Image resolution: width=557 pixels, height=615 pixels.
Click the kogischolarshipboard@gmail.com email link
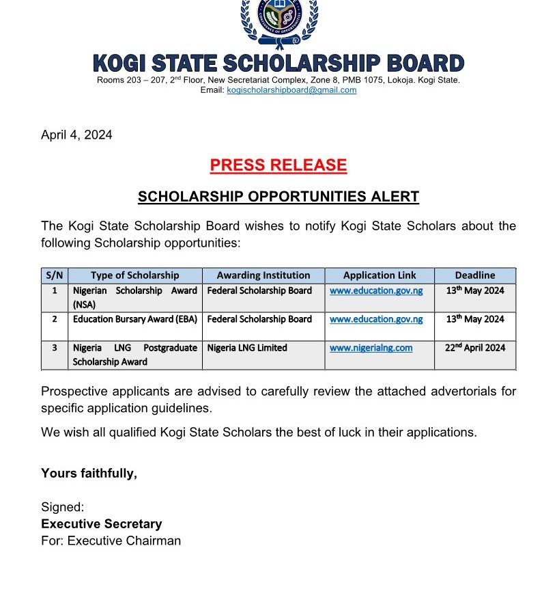point(291,90)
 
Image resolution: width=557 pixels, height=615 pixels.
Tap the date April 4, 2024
point(76,135)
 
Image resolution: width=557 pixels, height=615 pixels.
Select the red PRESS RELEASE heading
point(278,165)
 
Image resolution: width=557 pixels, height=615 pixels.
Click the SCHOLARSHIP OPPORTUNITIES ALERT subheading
point(278,197)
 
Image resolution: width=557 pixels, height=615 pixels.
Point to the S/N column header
point(55,275)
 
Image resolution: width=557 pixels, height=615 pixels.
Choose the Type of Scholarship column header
point(134,275)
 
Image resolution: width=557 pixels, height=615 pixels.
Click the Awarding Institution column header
point(263,275)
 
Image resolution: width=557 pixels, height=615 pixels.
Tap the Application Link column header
point(380,275)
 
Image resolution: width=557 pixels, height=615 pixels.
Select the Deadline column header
point(475,275)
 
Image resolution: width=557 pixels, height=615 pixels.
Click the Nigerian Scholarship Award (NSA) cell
point(134,298)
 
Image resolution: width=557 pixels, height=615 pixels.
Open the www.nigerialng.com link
point(371,348)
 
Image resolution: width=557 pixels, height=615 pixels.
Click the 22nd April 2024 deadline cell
point(475,348)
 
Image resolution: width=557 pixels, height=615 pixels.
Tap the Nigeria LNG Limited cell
point(247,348)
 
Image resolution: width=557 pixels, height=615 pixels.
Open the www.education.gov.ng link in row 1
point(376,290)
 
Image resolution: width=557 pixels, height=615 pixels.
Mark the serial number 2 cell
point(55,319)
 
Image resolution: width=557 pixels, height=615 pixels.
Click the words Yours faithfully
point(89,473)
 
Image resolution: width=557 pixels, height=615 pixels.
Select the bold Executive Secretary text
point(102,524)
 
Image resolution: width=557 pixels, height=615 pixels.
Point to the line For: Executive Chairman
point(111,541)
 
